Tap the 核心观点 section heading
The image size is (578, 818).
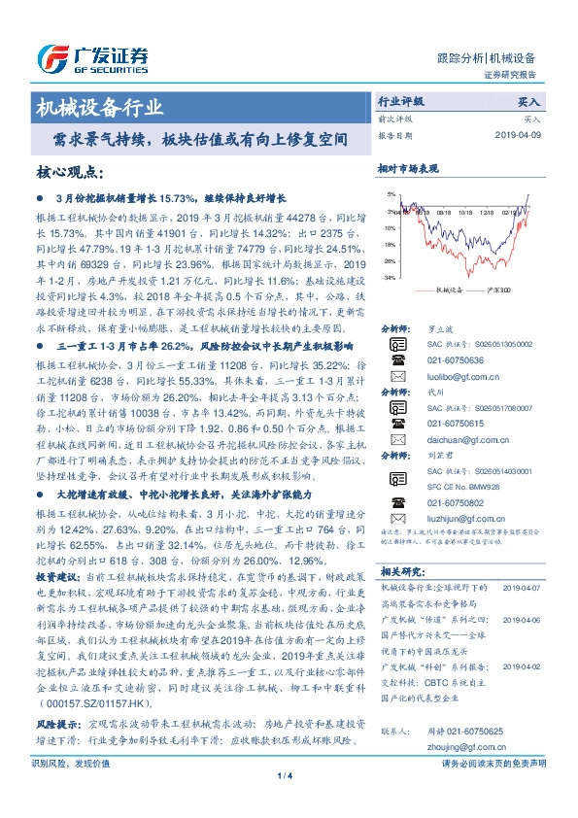point(69,172)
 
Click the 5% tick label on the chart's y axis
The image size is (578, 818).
point(391,194)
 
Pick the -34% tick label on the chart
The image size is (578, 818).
point(389,278)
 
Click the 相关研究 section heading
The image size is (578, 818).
point(399,571)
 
